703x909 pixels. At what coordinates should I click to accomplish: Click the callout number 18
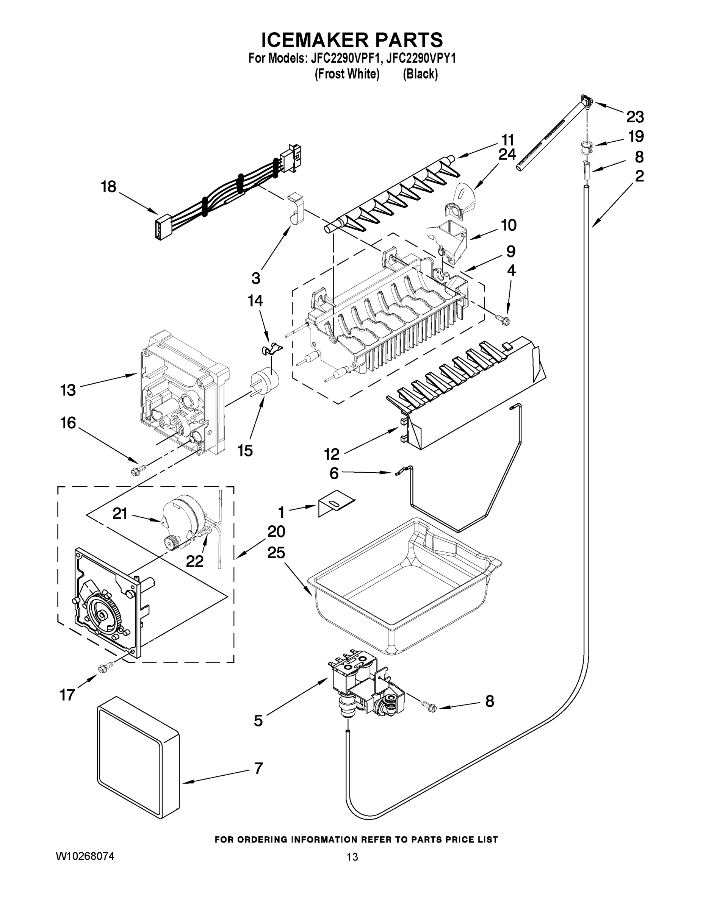[x=108, y=187]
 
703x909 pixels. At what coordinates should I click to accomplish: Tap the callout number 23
[x=635, y=117]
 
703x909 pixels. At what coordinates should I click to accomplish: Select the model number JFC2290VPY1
[x=421, y=58]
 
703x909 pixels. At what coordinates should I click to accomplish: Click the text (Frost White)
[x=346, y=74]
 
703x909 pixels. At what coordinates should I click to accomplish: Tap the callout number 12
[x=332, y=454]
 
